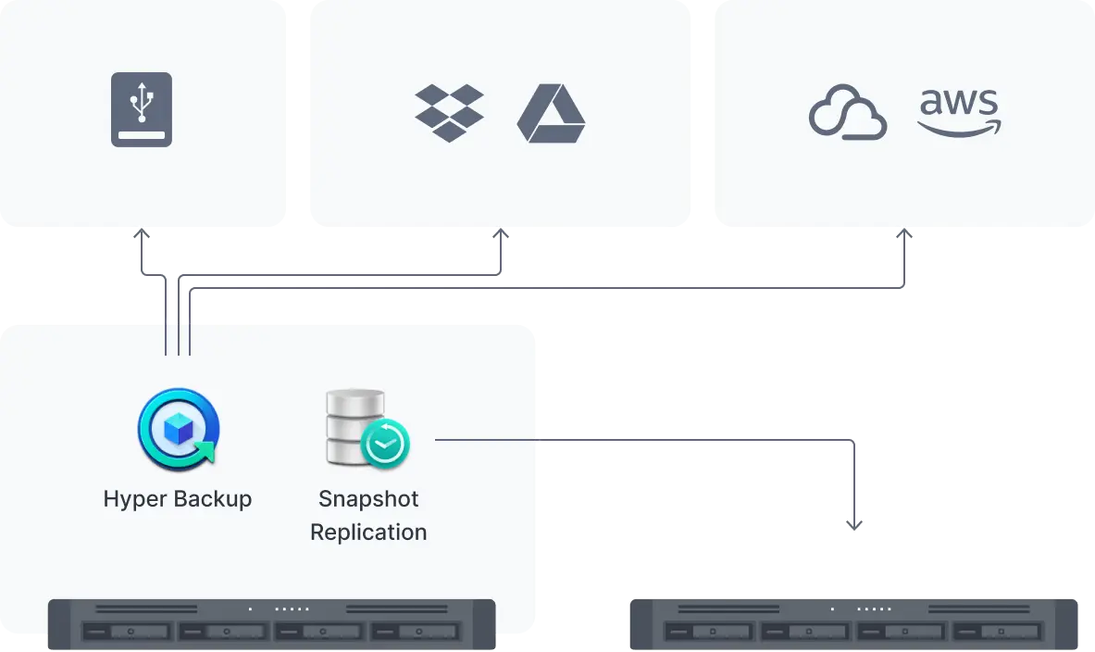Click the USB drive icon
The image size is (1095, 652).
[142, 109]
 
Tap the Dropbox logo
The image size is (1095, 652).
[449, 113]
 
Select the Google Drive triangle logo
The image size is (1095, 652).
[551, 114]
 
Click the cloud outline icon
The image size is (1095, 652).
[848, 113]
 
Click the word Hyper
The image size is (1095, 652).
[130, 499]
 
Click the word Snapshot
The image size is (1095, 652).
[368, 499]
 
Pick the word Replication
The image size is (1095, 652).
[368, 533]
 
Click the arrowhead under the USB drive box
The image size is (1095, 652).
[143, 236]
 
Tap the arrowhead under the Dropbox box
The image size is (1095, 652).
[500, 236]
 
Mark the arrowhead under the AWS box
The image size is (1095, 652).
[907, 236]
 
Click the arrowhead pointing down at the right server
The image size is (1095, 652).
[854, 525]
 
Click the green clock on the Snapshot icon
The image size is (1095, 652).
[385, 445]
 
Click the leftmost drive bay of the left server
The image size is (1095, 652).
[126, 632]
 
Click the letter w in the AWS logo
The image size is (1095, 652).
[959, 103]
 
